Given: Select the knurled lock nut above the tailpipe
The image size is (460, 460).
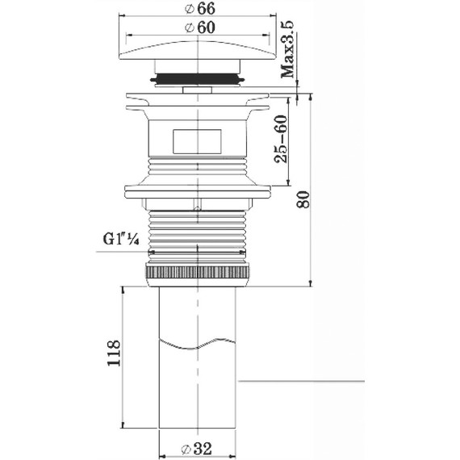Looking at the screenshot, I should [x=198, y=272].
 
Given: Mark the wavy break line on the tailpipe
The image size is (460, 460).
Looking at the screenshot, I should [x=198, y=347].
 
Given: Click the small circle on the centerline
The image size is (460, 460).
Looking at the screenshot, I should [x=199, y=207].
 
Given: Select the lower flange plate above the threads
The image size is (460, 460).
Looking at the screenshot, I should [x=198, y=193].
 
